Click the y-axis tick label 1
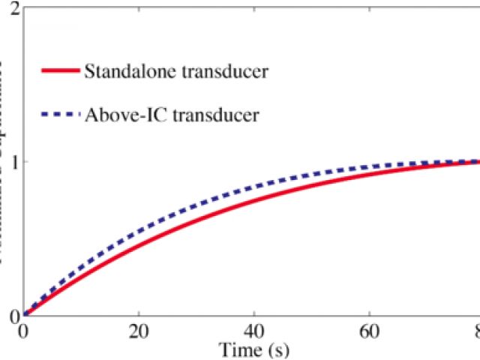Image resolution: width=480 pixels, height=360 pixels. [x=13, y=162]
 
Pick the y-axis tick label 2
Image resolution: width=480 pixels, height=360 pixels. [x=13, y=9]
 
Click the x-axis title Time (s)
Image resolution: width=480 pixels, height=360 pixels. [x=254, y=349]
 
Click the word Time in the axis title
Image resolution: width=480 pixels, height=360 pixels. [x=235, y=349]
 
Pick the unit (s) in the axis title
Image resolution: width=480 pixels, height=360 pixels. [x=278, y=349]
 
